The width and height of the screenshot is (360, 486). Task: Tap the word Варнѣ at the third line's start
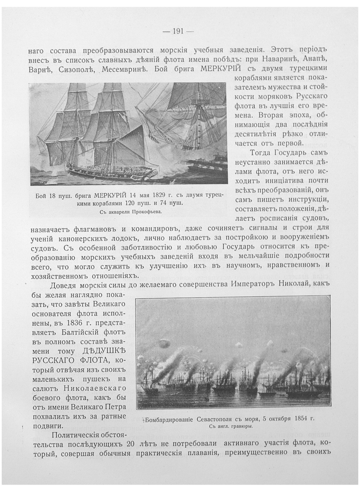tap(37, 69)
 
